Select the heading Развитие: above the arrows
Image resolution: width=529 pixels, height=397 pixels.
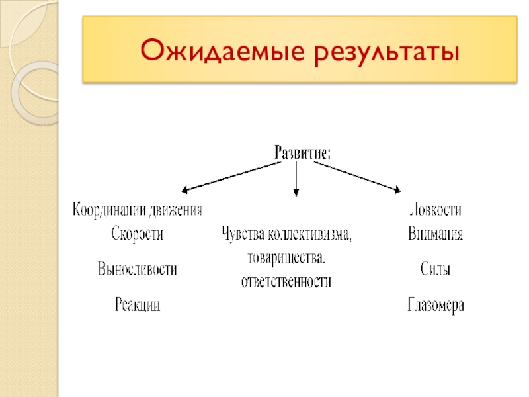point(302,152)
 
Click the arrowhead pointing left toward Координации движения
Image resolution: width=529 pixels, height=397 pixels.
point(185,190)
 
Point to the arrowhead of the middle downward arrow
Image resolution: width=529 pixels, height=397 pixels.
point(296,193)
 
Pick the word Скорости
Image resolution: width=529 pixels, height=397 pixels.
point(137,234)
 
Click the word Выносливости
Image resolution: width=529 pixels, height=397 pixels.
point(137,269)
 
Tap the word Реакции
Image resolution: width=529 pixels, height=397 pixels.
point(137,305)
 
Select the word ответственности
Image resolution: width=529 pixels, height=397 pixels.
point(286,281)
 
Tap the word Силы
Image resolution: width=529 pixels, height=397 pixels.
point(435,269)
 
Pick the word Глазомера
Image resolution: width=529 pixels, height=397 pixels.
point(436,305)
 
